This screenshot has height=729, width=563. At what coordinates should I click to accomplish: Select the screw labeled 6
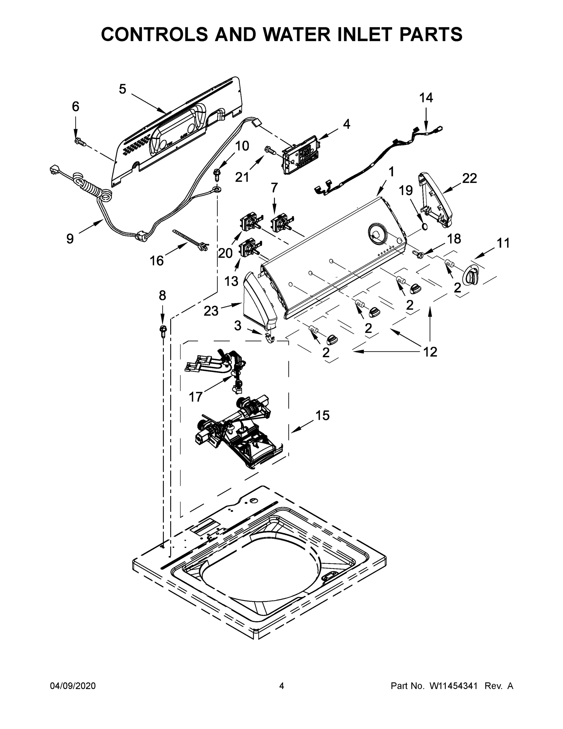point(81,142)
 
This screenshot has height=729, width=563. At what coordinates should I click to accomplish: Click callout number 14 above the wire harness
point(426,98)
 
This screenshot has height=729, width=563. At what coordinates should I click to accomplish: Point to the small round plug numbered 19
point(425,227)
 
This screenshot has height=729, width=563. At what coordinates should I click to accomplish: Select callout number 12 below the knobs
point(430,351)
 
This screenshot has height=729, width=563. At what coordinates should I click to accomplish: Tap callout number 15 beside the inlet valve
point(322,416)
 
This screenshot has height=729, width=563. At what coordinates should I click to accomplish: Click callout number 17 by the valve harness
point(196,397)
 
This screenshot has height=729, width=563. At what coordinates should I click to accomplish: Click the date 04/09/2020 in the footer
point(73,686)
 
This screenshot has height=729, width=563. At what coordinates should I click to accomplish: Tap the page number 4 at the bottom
point(282,686)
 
